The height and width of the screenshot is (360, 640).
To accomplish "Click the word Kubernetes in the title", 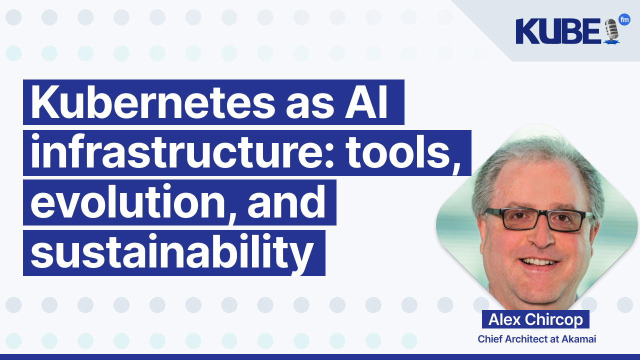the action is coord(153,101).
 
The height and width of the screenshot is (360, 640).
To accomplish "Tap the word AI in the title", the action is coord(366,101).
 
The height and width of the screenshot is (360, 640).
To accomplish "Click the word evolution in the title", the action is coord(131,202).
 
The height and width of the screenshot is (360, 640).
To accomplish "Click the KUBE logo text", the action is coord(558,31).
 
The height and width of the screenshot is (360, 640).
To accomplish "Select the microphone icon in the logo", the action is coord(611,31).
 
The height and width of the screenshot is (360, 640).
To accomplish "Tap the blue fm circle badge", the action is coord(624,19).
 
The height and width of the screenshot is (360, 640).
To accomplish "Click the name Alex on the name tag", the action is coord(504,319).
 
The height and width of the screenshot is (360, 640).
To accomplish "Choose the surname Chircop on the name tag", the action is coord(553,320).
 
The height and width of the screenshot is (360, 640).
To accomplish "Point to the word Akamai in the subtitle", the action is coord(579,339).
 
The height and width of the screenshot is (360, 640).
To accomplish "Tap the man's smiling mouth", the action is coord(536,262).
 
